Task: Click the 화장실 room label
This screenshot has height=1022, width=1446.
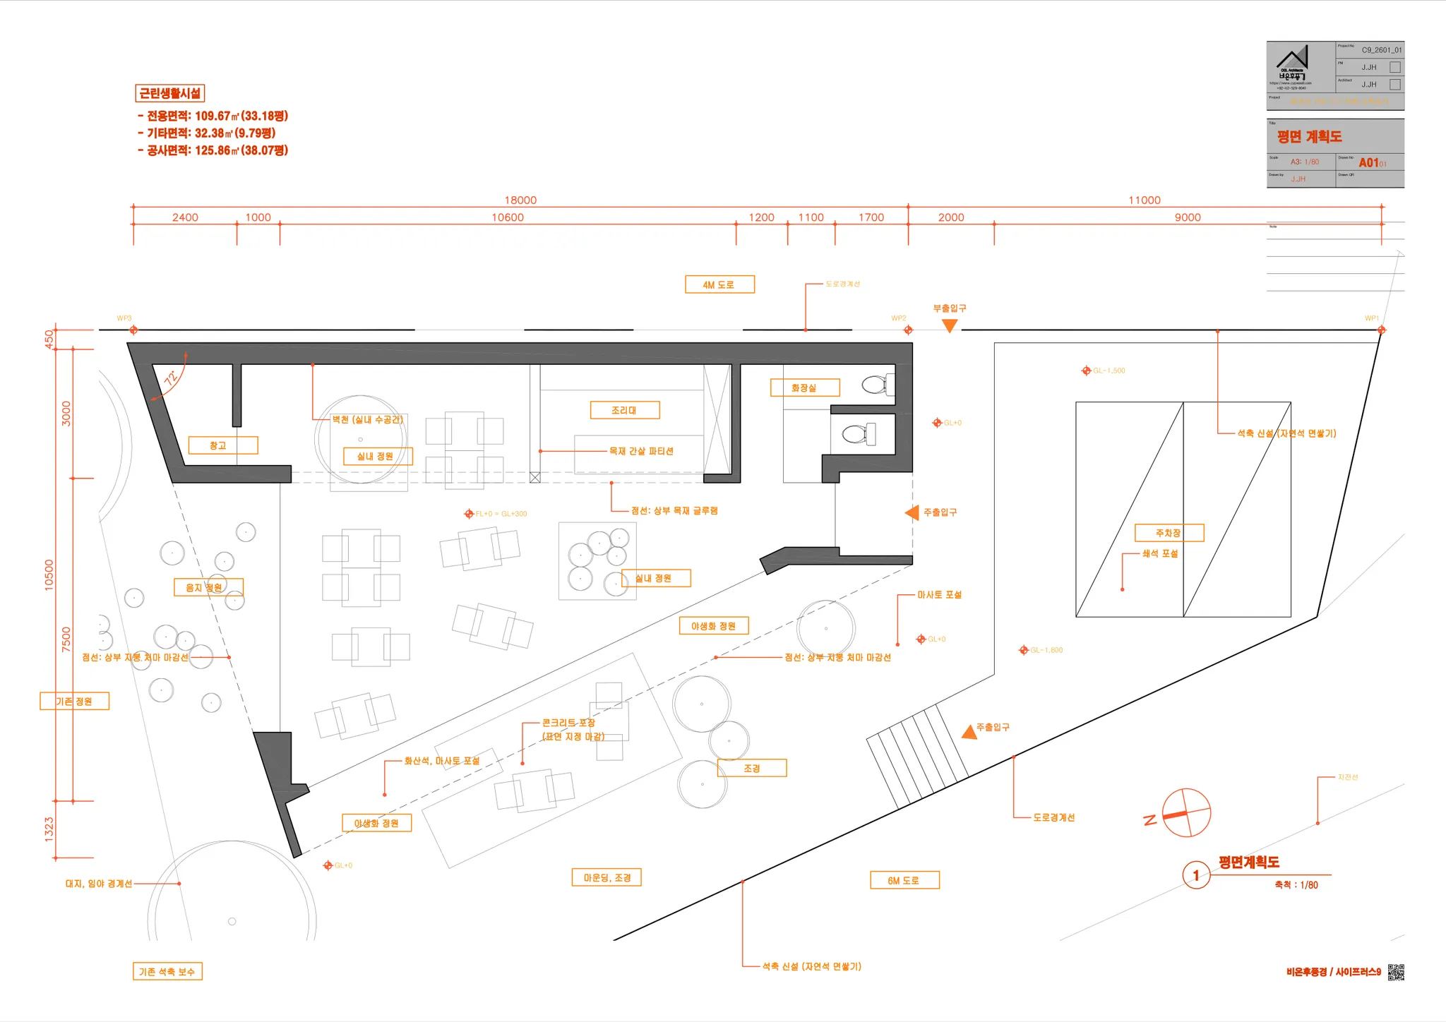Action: [x=805, y=387]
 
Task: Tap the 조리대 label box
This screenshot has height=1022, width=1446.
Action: [x=625, y=410]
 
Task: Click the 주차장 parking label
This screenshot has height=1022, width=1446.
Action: [x=1169, y=533]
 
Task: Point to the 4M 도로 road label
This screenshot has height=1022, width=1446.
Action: [x=719, y=284]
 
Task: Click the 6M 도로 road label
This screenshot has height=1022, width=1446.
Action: [x=904, y=880]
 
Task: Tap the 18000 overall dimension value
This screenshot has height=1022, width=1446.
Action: [x=520, y=200]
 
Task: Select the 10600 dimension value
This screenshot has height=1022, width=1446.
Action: [x=508, y=217]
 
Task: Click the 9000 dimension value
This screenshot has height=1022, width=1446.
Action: [x=1188, y=217]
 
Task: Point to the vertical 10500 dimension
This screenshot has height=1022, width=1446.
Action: [x=49, y=575]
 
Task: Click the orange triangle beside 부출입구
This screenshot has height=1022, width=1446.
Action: [x=950, y=325]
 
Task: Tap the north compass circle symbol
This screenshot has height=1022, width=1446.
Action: [x=1186, y=813]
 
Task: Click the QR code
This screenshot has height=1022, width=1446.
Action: [x=1396, y=972]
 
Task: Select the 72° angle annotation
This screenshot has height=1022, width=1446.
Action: [x=171, y=378]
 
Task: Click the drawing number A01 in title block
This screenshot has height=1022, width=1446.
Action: [x=1369, y=162]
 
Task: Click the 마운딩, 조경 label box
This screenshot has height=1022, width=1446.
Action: [x=607, y=877]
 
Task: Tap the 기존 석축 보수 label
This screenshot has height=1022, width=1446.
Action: [x=167, y=971]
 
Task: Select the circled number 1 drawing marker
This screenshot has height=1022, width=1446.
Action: [x=1196, y=875]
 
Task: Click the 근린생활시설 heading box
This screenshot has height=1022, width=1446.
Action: [x=169, y=93]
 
